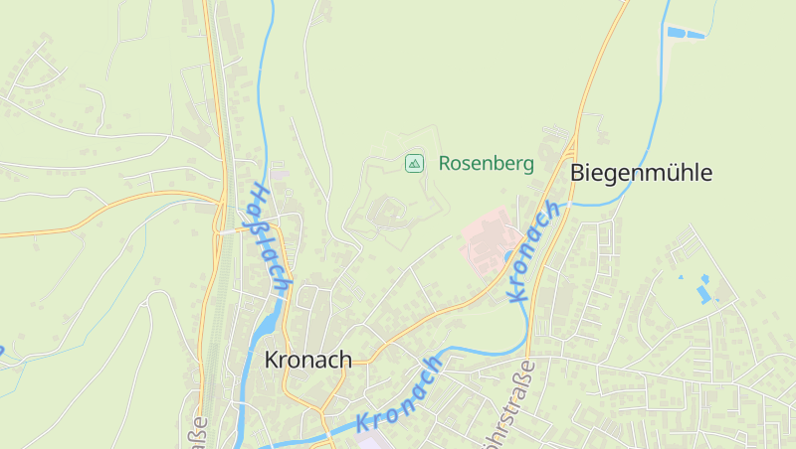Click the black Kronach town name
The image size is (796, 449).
(x=308, y=360)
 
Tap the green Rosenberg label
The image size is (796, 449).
(x=486, y=163)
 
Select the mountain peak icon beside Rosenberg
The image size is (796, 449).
(x=414, y=163)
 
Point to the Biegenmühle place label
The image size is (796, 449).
(x=641, y=173)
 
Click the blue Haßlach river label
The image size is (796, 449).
(x=270, y=238)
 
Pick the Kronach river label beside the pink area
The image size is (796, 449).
(x=532, y=250)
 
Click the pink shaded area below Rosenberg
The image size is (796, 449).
(x=488, y=241)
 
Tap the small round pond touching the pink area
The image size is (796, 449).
(x=509, y=257)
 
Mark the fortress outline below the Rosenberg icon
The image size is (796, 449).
(x=389, y=212)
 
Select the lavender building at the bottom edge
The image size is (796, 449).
(x=369, y=443)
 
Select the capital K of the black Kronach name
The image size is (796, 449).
(x=272, y=360)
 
